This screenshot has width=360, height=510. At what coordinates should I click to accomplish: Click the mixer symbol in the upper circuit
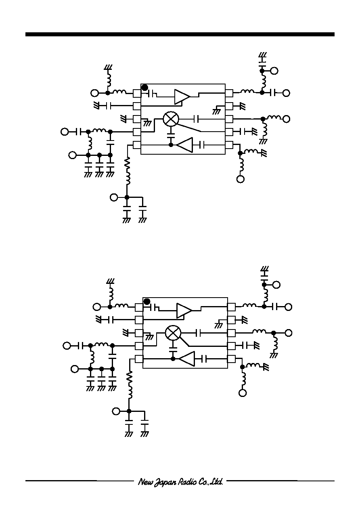pyautogui.click(x=171, y=119)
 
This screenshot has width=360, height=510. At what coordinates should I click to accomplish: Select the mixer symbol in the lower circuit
pyautogui.click(x=173, y=333)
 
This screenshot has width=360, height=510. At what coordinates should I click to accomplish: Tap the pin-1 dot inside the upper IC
pyautogui.click(x=145, y=88)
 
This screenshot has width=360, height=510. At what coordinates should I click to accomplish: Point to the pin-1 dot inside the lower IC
pyautogui.click(x=147, y=302)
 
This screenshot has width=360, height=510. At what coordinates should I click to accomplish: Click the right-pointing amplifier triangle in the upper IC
pyautogui.click(x=182, y=97)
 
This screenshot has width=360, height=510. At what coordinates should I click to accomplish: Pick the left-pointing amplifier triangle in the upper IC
pyautogui.click(x=184, y=145)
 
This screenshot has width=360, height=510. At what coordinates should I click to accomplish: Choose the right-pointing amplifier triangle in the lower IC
pyautogui.click(x=184, y=311)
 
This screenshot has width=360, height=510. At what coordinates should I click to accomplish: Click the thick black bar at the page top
pyautogui.click(x=180, y=34)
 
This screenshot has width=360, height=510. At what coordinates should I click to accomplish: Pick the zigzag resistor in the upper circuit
pyautogui.click(x=127, y=164)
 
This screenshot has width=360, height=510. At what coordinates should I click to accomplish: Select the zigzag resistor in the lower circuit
pyautogui.click(x=129, y=378)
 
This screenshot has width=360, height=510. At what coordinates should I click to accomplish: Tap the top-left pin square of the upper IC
pyautogui.click(x=137, y=93)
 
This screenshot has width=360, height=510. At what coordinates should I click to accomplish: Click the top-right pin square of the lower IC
pyautogui.click(x=231, y=307)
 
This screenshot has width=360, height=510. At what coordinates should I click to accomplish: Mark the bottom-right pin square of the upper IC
pyautogui.click(x=229, y=145)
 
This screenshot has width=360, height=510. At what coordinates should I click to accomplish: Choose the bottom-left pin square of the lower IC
pyautogui.click(x=139, y=359)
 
